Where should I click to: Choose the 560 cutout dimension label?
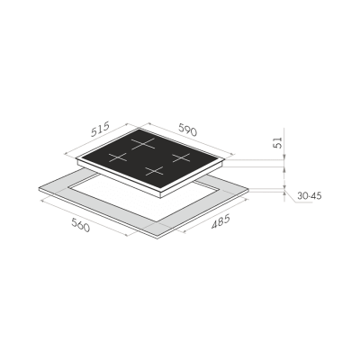(80, 226)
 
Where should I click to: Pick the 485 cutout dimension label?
(217, 222)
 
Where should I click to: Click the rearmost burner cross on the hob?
(141, 141)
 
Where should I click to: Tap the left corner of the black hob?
(76, 164)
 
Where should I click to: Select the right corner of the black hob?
(220, 161)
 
